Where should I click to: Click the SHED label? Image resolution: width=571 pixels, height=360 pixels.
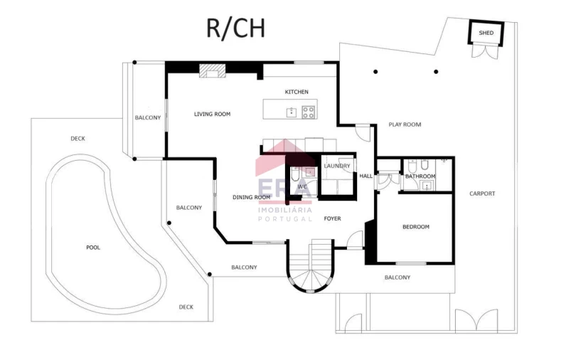pyautogui.click(x=486, y=33)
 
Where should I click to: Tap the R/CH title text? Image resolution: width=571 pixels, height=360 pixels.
pyautogui.click(x=235, y=28)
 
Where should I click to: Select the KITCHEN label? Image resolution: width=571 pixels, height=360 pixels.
pyautogui.click(x=297, y=92)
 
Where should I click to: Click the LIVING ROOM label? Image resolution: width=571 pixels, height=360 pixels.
pyautogui.click(x=213, y=114)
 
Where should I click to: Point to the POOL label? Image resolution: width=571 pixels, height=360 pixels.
pyautogui.click(x=93, y=248)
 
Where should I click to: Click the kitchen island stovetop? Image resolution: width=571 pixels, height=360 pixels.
pyautogui.click(x=308, y=112)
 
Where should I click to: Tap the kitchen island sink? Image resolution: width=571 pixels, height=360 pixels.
pyautogui.click(x=292, y=112)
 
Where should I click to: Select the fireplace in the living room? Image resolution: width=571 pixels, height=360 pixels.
pyautogui.click(x=213, y=71)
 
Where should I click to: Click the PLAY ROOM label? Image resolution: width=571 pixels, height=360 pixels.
pyautogui.click(x=405, y=125)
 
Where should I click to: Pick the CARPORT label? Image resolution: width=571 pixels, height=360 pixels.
pyautogui.click(x=482, y=194)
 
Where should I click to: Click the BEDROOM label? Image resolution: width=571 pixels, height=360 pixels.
pyautogui.click(x=416, y=227)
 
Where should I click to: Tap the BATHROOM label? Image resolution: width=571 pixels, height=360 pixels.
pyautogui.click(x=420, y=176)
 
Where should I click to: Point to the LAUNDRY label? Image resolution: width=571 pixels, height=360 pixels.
pyautogui.click(x=337, y=166)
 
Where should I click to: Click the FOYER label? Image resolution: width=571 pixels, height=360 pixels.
pyautogui.click(x=333, y=218)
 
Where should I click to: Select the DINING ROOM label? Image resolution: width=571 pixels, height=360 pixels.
pyautogui.click(x=251, y=197)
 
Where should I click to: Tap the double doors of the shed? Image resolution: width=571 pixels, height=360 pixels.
pyautogui.click(x=485, y=51)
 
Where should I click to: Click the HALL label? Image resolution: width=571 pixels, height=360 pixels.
pyautogui.click(x=366, y=176)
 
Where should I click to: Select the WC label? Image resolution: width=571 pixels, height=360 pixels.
pyautogui.click(x=302, y=186)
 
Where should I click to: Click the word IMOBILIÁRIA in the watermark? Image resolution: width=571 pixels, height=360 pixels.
pyautogui.click(x=284, y=210)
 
